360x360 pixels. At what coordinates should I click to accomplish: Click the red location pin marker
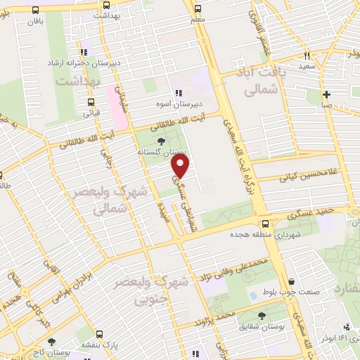click(181, 166)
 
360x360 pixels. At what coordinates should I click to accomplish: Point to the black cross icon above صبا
click(327, 94)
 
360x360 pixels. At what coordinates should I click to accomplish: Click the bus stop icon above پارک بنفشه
click(99, 335)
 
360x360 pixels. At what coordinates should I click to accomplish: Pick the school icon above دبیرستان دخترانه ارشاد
click(84, 51)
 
